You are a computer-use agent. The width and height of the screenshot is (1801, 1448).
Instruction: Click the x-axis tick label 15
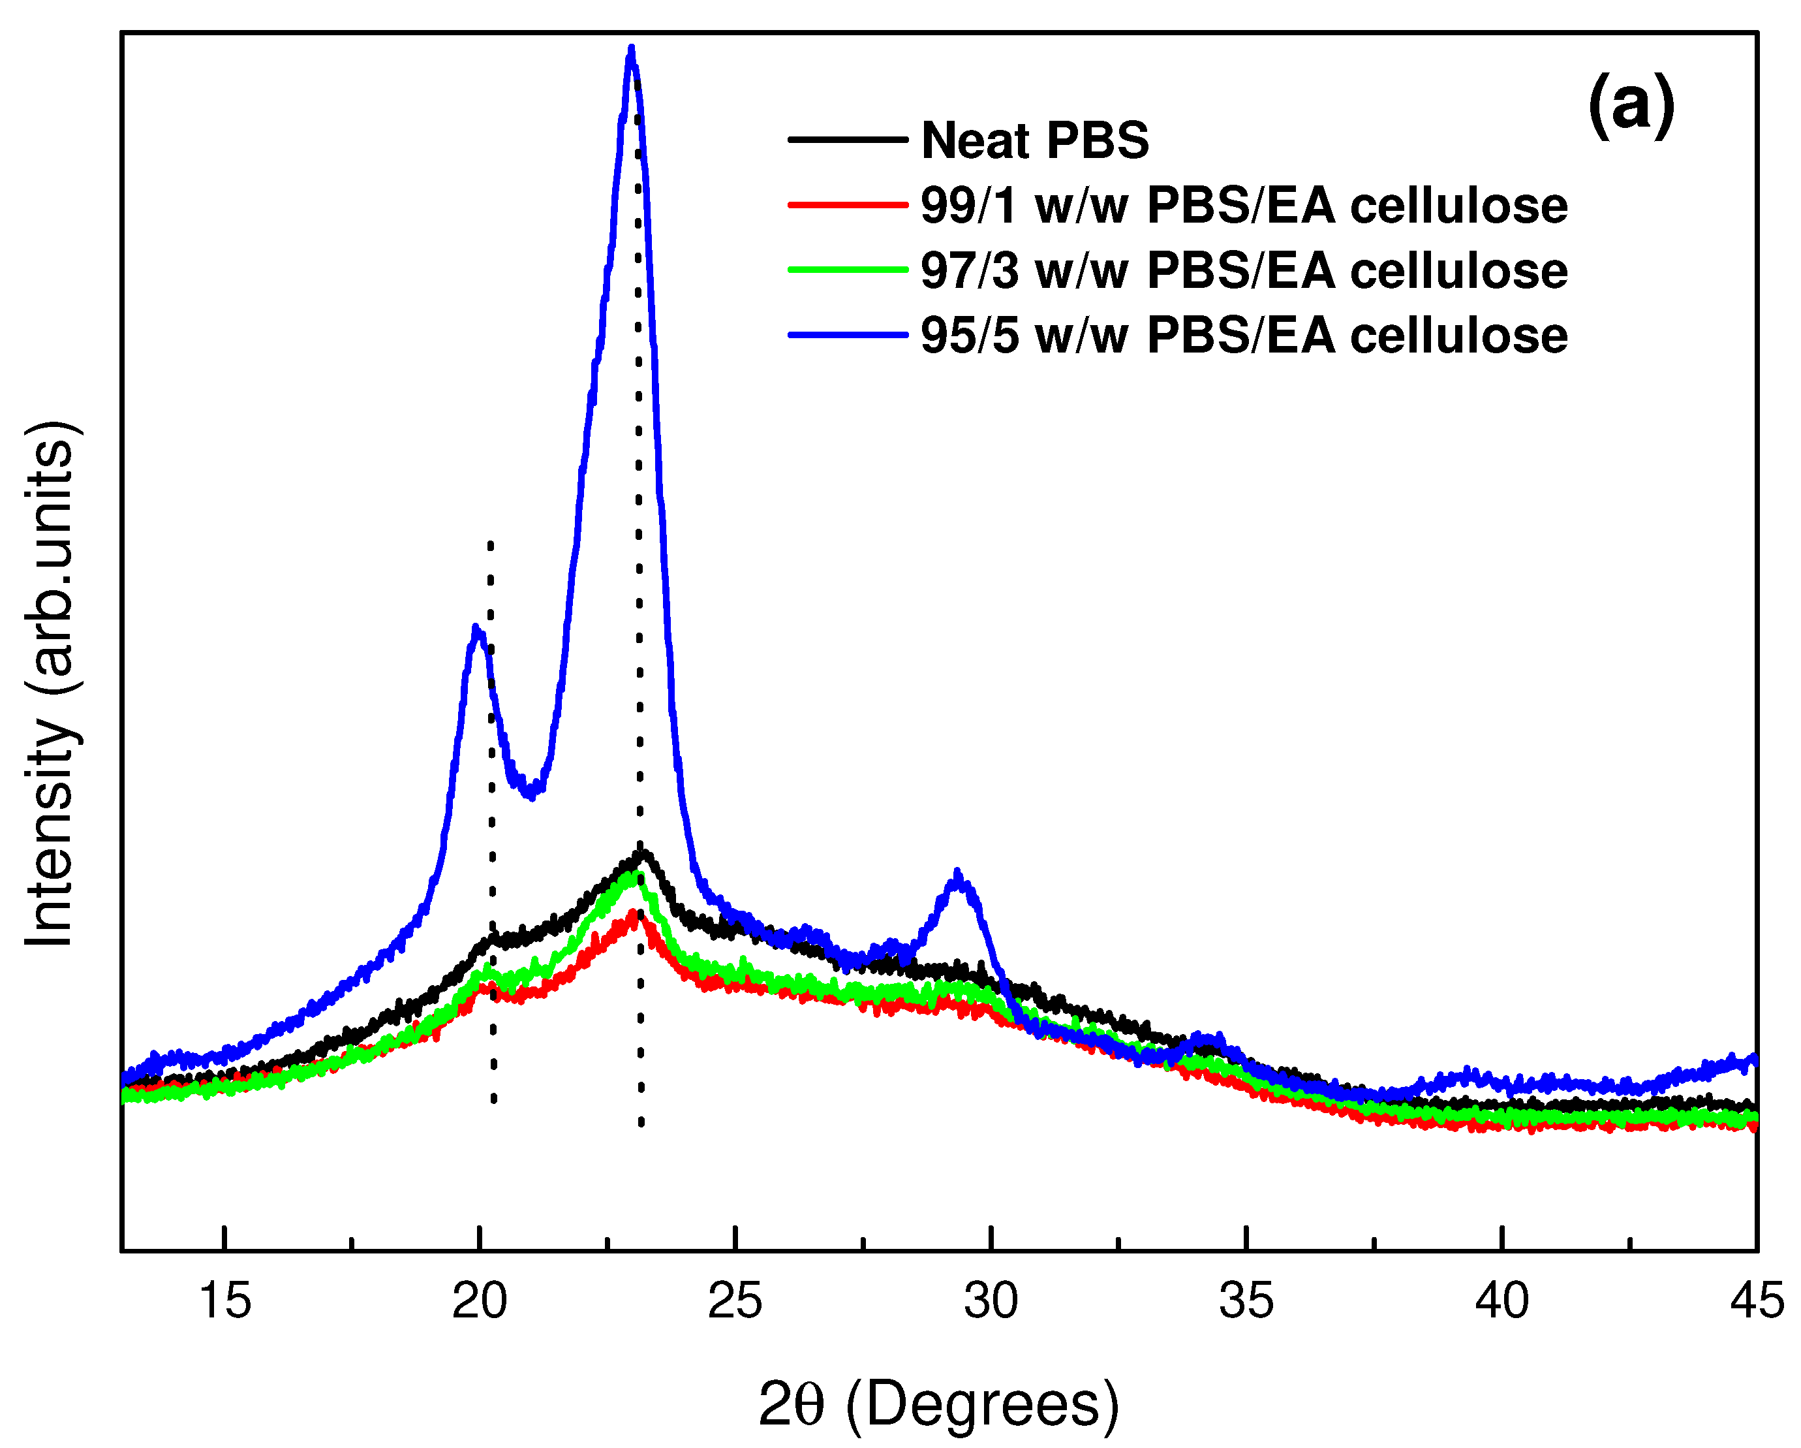(x=224, y=1301)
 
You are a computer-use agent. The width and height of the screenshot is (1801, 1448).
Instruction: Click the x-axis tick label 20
(x=480, y=1301)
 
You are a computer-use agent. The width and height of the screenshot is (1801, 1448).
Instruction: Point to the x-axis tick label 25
(x=735, y=1301)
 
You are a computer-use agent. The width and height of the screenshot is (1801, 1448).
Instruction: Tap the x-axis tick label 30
(x=991, y=1301)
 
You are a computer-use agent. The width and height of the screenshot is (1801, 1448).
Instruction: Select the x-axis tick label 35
(x=1246, y=1301)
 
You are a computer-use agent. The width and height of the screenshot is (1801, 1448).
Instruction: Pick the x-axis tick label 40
(x=1502, y=1301)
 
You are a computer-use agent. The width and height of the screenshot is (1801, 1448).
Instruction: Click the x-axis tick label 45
(x=1756, y=1301)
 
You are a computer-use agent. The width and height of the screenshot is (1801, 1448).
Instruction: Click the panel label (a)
(x=1631, y=107)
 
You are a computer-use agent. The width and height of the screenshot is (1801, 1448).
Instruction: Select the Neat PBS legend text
(x=1035, y=140)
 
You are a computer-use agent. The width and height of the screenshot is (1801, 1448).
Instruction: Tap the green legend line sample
(x=847, y=269)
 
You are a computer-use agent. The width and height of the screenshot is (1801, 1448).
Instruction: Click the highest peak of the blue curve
(x=632, y=50)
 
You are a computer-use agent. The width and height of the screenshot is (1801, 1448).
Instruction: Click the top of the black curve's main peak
(x=642, y=854)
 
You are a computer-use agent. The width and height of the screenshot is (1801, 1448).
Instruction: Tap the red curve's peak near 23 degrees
(x=632, y=915)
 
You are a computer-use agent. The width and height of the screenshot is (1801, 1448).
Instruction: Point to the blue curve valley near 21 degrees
(x=531, y=795)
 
